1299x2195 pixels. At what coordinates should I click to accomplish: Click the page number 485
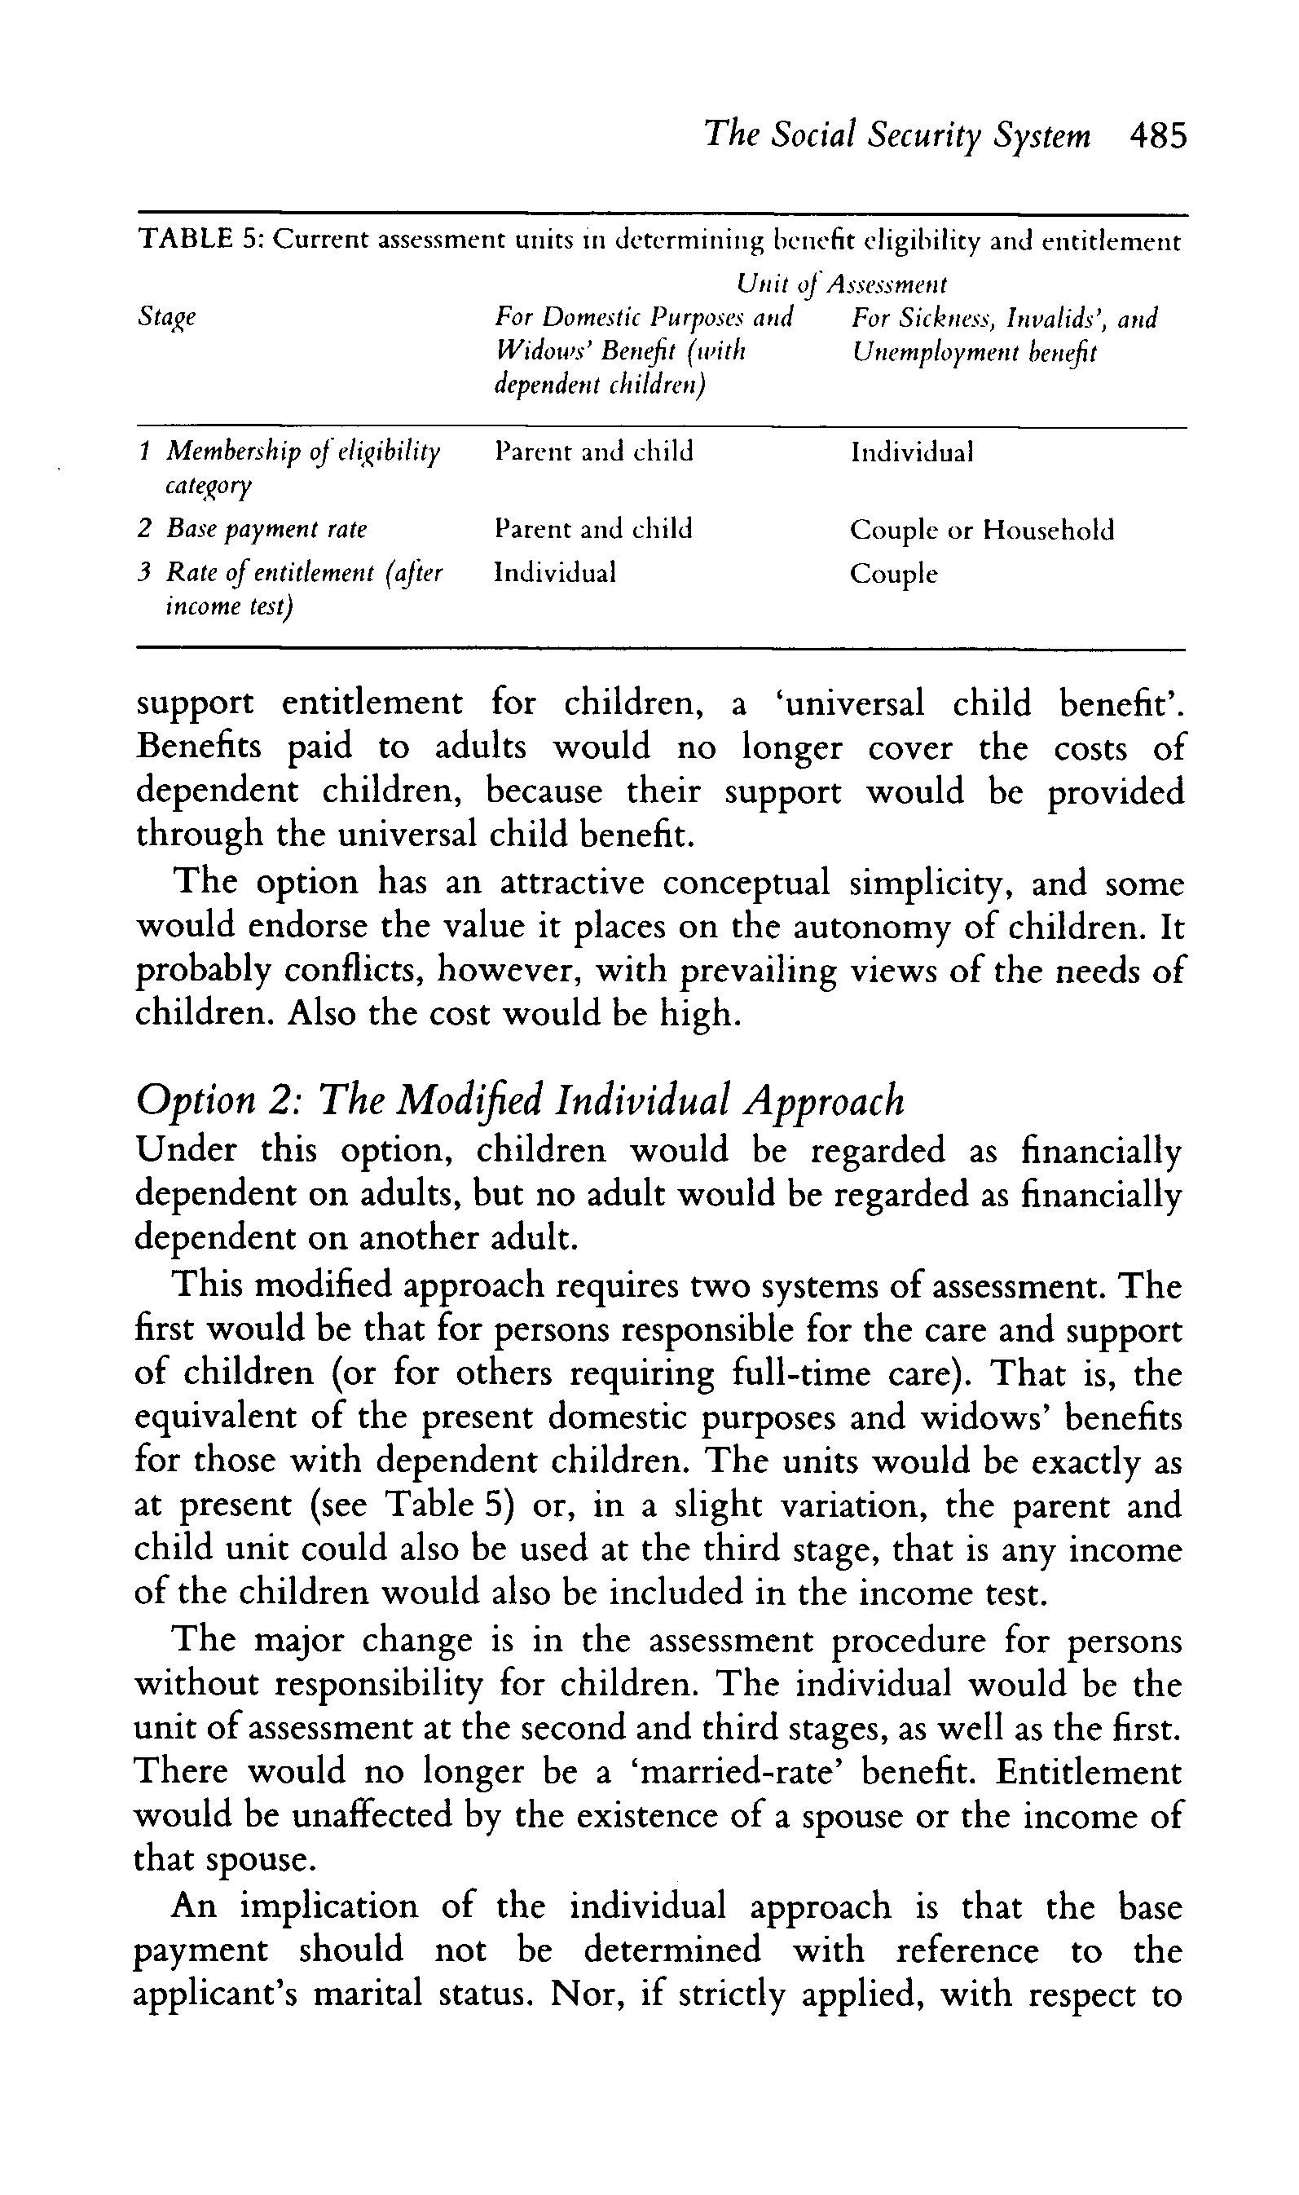(1158, 137)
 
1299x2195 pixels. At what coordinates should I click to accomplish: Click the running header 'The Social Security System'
(897, 137)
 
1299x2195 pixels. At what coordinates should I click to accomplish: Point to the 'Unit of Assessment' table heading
(841, 284)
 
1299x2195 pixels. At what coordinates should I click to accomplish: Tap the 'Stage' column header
(166, 318)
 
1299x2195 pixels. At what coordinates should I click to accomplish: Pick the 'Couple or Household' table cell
(982, 530)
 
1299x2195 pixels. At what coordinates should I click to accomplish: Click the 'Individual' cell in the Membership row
(912, 452)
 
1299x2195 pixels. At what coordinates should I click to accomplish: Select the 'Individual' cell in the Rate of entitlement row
(555, 572)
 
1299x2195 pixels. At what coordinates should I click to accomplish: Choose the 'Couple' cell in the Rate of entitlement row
(894, 574)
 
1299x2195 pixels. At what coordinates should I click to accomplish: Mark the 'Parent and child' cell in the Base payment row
(593, 529)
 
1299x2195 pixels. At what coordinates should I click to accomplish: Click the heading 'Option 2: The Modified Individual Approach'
(520, 1100)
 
